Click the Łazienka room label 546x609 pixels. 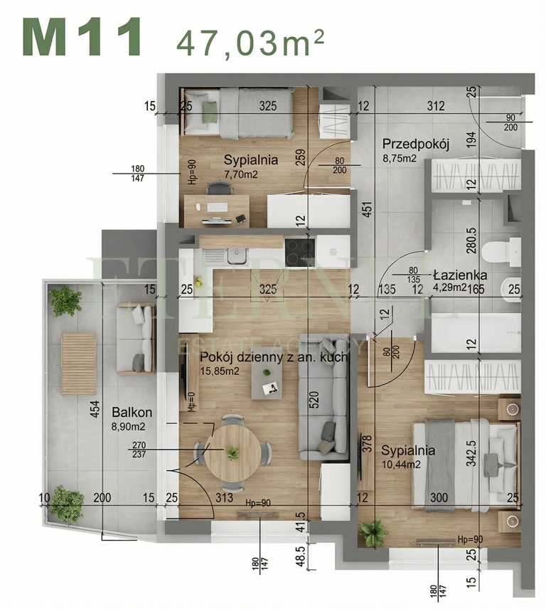pos(459,275)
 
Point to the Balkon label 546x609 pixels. pos(131,412)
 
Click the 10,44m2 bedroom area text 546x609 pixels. pos(407,464)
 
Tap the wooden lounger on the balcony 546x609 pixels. pos(77,363)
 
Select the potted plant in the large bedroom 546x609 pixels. pos(373,531)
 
